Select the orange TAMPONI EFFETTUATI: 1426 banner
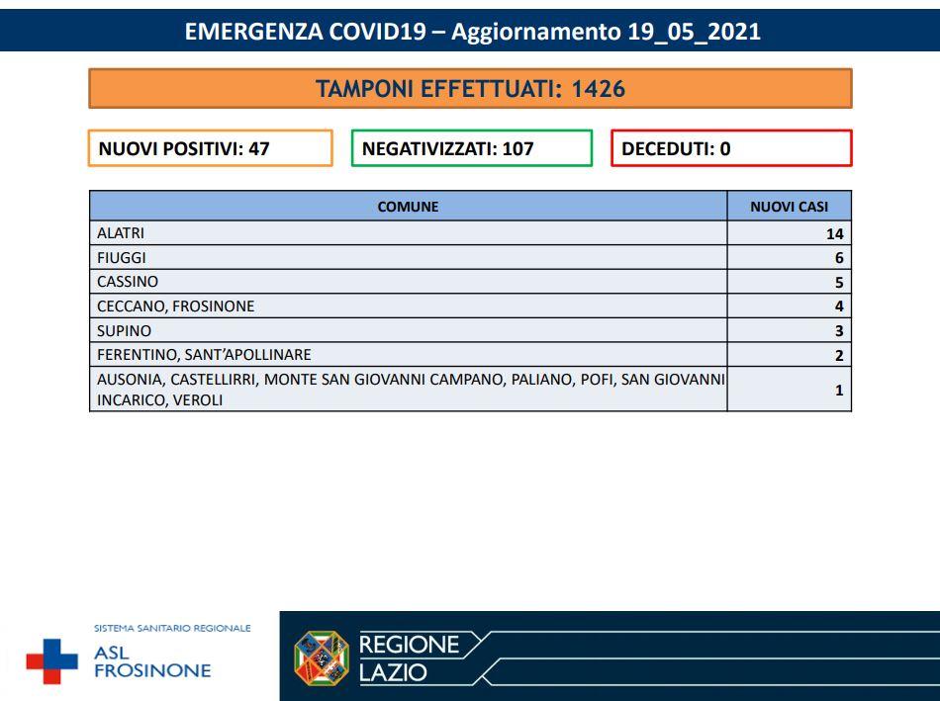tap(470, 89)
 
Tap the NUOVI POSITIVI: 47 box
tap(210, 149)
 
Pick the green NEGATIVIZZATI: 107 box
tap(471, 149)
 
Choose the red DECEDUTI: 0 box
tap(730, 149)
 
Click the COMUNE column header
tap(408, 207)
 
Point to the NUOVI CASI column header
tap(789, 207)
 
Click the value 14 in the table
tap(835, 234)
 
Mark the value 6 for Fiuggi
tap(839, 258)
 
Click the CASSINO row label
tap(128, 282)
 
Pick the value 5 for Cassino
tap(839, 282)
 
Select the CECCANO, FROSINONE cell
tap(175, 307)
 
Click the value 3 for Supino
tap(839, 331)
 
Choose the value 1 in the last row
tap(839, 391)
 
